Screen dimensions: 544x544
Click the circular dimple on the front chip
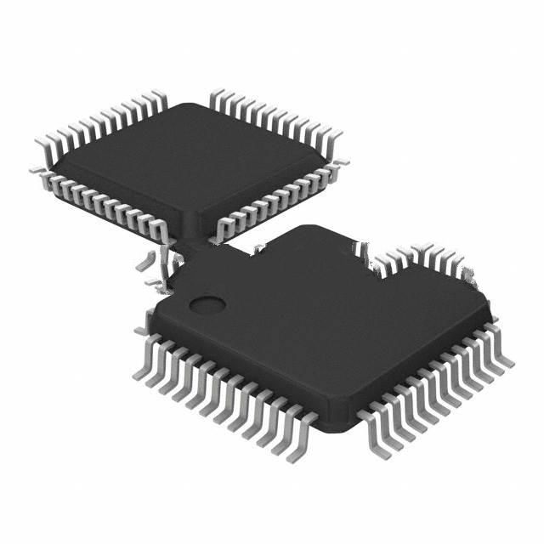207,303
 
